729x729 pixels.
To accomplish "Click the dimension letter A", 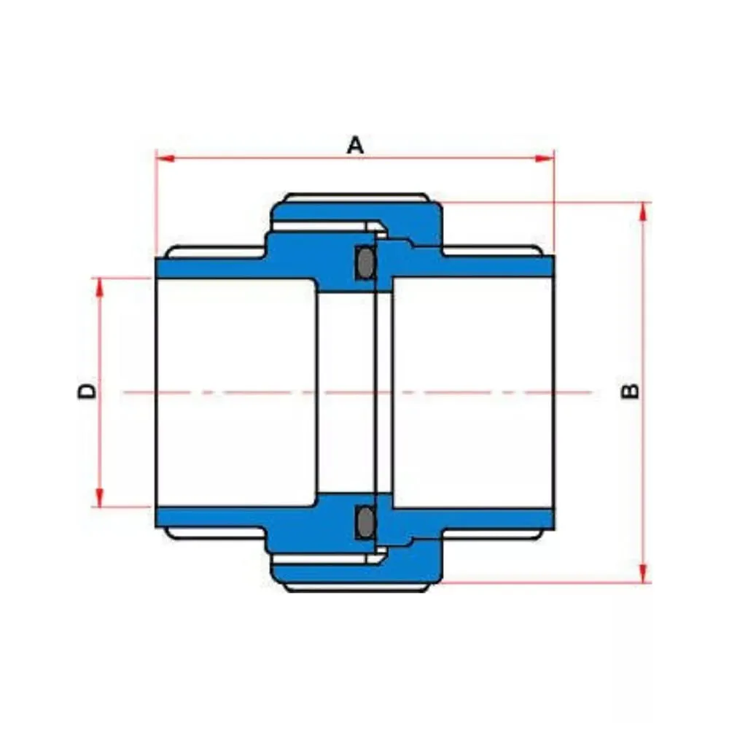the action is (x=355, y=145).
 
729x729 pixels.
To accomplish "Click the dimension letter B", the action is (x=630, y=391).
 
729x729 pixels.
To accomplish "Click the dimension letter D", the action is (x=86, y=391).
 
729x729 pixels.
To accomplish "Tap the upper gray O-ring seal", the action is (x=366, y=263).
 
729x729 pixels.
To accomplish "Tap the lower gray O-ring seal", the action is (x=366, y=522).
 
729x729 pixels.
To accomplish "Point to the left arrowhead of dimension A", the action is (x=165, y=158).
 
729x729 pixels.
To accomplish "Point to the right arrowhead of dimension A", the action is (x=545, y=158).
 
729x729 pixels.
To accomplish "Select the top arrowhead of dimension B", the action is (x=644, y=212).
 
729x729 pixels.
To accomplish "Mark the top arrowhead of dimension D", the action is (x=99, y=287).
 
